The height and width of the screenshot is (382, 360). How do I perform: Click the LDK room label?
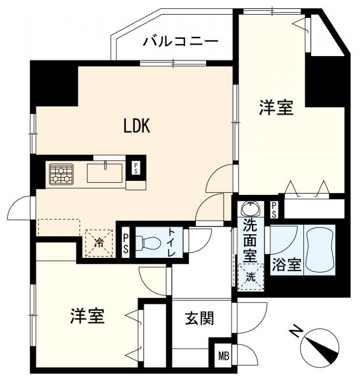click(136, 126)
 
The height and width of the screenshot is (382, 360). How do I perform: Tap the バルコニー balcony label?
click(181, 42)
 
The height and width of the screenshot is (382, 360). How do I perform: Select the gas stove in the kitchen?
click(62, 174)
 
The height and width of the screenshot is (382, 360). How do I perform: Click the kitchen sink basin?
click(106, 172)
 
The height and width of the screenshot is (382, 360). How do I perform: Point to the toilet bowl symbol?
click(148, 243)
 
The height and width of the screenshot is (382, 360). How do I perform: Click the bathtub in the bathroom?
click(322, 250)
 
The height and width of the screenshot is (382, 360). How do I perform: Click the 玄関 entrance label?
click(199, 318)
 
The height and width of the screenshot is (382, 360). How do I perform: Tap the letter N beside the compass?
click(294, 331)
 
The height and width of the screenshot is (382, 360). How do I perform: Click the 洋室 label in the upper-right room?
click(276, 108)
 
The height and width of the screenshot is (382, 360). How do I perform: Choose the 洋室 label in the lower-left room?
click(88, 315)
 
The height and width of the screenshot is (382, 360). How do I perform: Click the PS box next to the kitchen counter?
click(135, 168)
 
